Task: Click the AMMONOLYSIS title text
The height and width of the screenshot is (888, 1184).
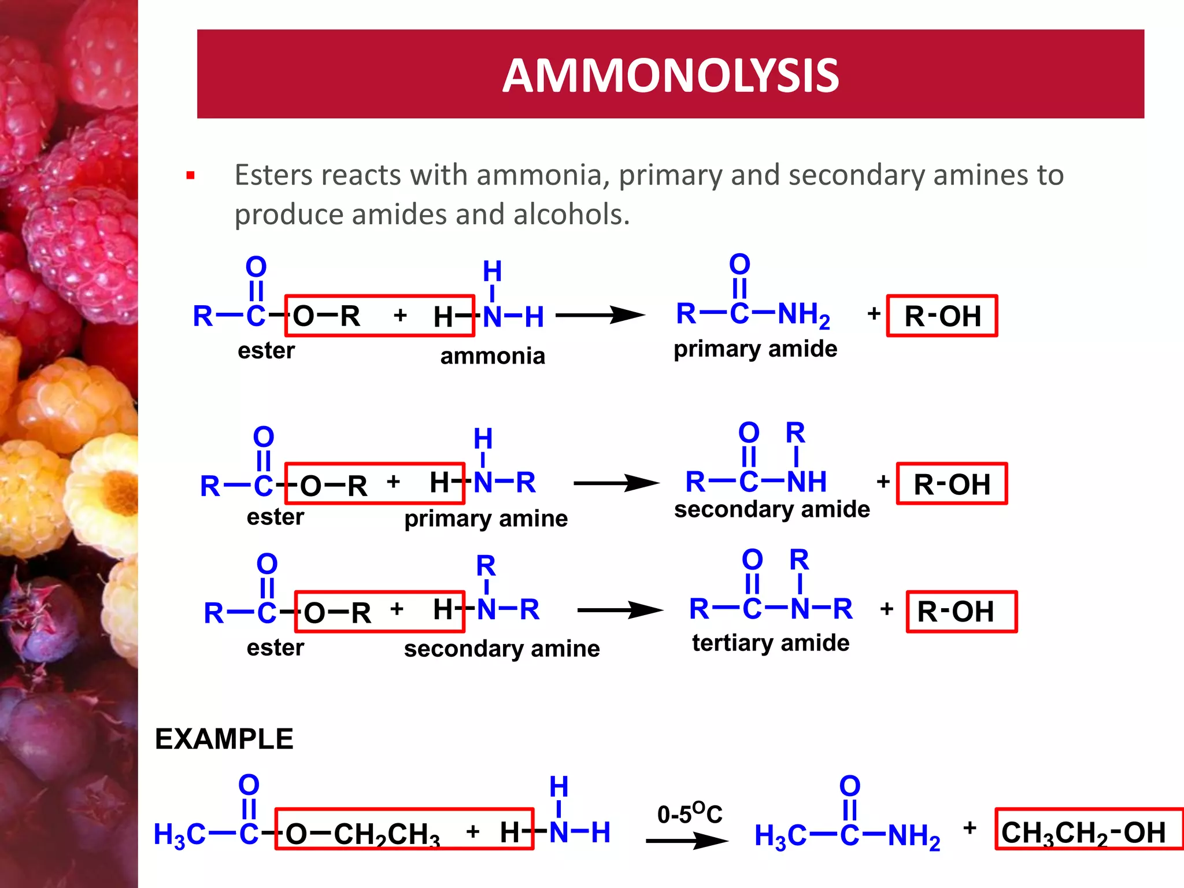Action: pos(671,76)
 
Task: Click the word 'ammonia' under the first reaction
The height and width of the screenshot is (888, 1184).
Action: pos(493,356)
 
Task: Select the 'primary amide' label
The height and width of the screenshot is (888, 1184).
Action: pos(755,349)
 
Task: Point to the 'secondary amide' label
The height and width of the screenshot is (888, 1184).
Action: pos(772,509)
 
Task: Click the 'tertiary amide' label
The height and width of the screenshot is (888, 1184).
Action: pos(771,643)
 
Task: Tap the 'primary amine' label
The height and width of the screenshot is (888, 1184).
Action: pos(486,519)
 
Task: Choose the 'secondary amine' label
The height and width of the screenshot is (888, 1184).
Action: pos(502,649)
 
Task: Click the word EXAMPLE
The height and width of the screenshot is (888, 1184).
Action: pos(224,739)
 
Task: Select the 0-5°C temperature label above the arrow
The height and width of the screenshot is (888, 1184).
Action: pos(690,813)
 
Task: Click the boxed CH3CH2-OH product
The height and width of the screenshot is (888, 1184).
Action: pos(1083,833)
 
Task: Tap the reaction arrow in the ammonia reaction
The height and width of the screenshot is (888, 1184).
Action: pos(600,315)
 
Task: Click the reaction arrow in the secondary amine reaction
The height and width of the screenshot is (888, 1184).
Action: pos(620,610)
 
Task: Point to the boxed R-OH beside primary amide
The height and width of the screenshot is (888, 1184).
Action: pos(942,316)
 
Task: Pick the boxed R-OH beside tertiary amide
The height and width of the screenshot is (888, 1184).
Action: pos(961,612)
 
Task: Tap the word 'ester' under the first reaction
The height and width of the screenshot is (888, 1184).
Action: pos(266,351)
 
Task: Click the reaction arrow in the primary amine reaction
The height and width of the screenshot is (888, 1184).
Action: pos(616,483)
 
